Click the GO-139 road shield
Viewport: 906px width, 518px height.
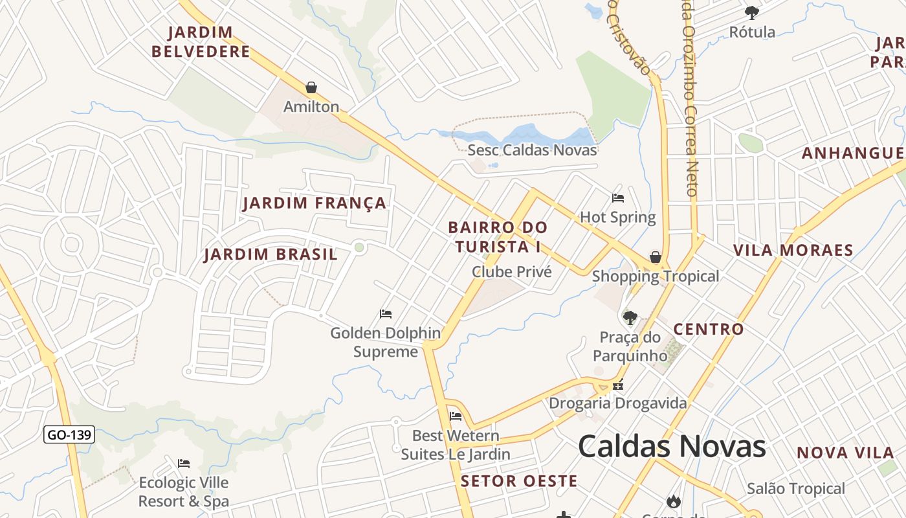tap(69, 434)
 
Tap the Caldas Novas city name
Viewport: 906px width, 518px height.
tap(671, 446)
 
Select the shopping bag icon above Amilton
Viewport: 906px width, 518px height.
tap(311, 87)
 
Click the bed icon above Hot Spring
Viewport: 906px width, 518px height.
tap(618, 198)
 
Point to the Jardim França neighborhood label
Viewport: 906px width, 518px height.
tap(315, 203)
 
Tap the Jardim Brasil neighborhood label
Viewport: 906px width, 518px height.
tap(271, 254)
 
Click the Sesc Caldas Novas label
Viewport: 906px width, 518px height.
tap(532, 150)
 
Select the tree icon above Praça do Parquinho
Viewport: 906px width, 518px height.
tap(630, 317)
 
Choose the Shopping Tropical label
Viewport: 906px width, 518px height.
tap(655, 276)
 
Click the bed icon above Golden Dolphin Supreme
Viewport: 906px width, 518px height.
tap(386, 314)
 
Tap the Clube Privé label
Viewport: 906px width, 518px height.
tap(511, 272)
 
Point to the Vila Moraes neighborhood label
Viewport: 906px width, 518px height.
tap(793, 251)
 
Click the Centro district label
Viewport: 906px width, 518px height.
tap(709, 329)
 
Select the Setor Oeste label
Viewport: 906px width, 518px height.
tap(519, 481)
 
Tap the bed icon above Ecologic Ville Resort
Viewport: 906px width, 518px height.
tap(184, 464)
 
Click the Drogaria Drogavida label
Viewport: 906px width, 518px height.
tap(617, 403)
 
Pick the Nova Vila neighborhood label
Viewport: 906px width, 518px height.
tap(845, 453)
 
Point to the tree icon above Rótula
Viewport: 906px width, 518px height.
tap(752, 12)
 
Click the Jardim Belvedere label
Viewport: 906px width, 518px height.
tap(209, 42)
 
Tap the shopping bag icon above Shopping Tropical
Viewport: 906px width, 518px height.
tap(656, 257)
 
